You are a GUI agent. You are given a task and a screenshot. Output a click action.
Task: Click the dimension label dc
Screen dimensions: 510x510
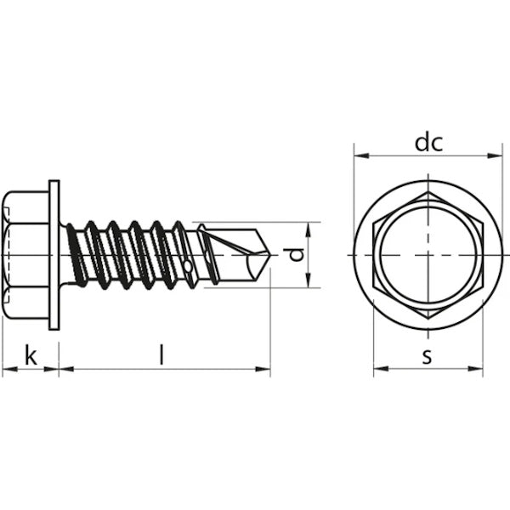[428, 143]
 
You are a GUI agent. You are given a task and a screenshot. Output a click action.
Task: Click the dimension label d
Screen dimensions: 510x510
[296, 255]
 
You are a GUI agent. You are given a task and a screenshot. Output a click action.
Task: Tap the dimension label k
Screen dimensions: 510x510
[31, 355]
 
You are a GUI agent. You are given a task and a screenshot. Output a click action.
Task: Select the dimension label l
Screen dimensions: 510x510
[161, 354]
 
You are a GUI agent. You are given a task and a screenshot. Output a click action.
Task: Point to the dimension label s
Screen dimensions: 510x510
[427, 356]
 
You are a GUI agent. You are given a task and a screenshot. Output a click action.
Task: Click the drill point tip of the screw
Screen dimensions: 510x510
[270, 255]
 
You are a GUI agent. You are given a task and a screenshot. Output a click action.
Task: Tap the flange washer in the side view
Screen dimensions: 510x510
[54, 255]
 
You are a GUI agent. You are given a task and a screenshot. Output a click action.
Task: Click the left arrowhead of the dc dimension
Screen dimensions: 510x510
[361, 156]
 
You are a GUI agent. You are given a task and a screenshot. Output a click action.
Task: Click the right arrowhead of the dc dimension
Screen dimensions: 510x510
[495, 156]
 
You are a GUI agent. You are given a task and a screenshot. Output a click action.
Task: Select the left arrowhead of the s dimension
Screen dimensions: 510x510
[381, 369]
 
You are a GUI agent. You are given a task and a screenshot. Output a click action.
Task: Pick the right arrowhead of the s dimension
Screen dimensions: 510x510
[475, 369]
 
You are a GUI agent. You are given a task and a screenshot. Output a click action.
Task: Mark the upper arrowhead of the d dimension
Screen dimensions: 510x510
[309, 229]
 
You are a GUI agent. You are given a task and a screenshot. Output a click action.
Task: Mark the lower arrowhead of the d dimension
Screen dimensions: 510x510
[309, 280]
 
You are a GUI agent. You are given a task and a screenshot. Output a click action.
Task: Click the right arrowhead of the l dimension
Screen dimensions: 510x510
[263, 369]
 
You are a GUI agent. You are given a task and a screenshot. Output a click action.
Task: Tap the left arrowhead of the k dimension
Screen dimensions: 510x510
[9, 369]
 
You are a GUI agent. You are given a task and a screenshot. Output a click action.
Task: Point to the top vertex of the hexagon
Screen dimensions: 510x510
[428, 192]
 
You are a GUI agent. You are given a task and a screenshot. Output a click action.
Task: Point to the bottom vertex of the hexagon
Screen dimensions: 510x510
[428, 318]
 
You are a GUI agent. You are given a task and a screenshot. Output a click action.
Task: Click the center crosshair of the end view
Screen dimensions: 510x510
[428, 255]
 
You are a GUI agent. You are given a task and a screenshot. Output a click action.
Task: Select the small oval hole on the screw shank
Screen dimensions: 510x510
[188, 266]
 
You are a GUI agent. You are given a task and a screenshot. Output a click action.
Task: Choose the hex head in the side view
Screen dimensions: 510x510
[25, 255]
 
